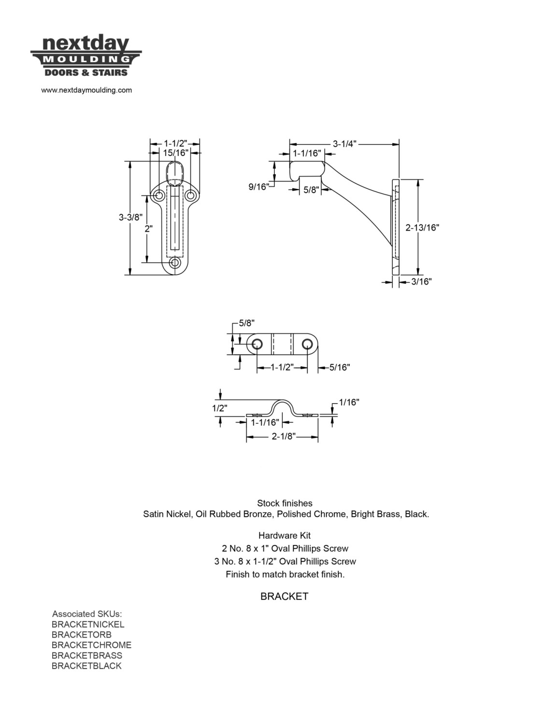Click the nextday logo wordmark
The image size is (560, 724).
click(86, 44)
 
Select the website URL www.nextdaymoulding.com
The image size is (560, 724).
click(86, 90)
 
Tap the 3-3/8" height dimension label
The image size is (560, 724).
click(130, 218)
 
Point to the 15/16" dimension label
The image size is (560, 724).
click(176, 153)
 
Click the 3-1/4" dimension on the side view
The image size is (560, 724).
click(345, 144)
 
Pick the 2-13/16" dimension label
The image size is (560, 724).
click(422, 227)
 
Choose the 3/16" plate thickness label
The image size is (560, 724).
click(421, 282)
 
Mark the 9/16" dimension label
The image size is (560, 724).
click(259, 187)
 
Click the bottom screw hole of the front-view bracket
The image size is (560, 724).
click(174, 263)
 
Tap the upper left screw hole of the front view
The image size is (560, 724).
click(159, 195)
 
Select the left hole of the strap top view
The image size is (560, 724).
click(257, 344)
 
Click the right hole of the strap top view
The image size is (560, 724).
click(307, 344)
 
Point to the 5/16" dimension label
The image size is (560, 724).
click(340, 367)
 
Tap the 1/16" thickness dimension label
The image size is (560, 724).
click(349, 403)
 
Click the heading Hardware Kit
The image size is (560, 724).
click(284, 535)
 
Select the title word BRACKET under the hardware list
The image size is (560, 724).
click(284, 597)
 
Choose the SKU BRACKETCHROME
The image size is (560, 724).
click(91, 645)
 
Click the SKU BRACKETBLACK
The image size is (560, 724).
click(86, 666)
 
